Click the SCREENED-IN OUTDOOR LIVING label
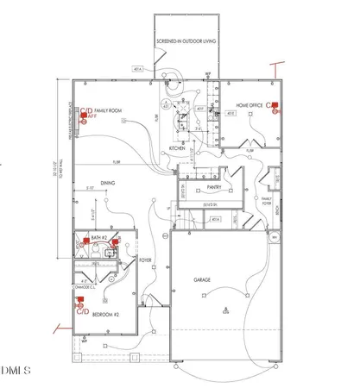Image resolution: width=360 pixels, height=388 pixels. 186,41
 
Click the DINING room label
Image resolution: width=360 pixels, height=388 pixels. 108,183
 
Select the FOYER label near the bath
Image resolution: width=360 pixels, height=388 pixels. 145,257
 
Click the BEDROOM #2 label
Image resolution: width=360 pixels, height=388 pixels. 108,317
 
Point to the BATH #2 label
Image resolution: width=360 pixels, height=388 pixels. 97,238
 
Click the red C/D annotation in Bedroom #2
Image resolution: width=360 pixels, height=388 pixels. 83,311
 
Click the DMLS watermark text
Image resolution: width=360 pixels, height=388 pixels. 16,372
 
